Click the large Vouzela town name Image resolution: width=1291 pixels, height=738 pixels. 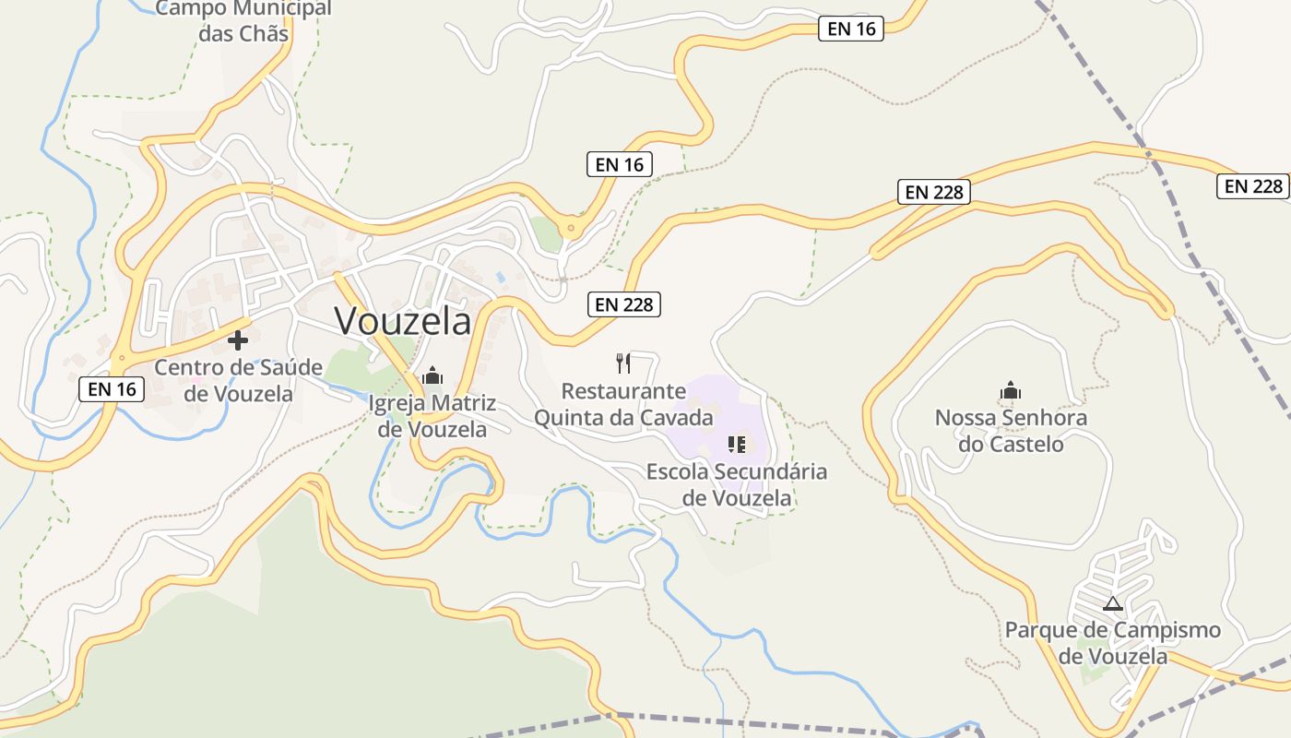(403, 321)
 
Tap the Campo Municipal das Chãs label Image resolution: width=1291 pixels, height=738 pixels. (243, 21)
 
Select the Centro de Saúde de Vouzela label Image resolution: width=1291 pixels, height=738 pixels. (238, 380)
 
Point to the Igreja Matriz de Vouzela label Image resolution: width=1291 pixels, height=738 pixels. (432, 416)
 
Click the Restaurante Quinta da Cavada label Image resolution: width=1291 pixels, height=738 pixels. (623, 404)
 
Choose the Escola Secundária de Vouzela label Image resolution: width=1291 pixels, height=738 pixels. (737, 484)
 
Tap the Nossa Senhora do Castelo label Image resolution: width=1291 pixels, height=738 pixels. (1011, 431)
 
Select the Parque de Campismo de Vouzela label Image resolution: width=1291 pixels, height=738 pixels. (1112, 643)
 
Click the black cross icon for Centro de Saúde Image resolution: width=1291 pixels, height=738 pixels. (238, 340)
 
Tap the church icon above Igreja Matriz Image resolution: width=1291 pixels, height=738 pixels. (432, 375)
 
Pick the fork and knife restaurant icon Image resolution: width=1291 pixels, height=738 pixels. (624, 363)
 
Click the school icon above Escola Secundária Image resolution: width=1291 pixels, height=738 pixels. (737, 445)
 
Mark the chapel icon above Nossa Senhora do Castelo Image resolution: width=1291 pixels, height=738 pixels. (1011, 390)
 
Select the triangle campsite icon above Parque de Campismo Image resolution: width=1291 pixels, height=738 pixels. (1112, 604)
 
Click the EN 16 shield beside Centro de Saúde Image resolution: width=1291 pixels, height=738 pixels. (113, 389)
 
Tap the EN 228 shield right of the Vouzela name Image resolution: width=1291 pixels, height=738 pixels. (625, 304)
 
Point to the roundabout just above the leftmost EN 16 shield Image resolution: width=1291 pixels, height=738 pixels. (119, 357)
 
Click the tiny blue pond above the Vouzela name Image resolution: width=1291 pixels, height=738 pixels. (499, 277)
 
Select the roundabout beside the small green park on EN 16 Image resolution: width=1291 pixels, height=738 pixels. (572, 227)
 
